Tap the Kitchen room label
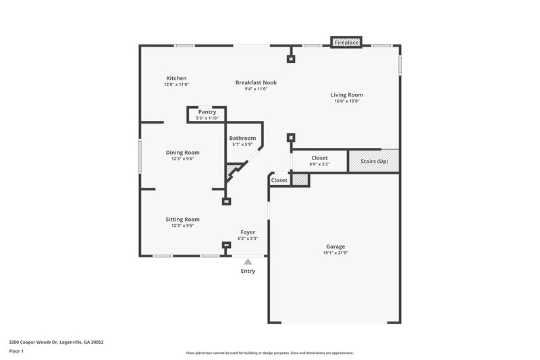tap(176, 78)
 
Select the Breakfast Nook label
tap(256, 82)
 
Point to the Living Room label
tap(347, 95)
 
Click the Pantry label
tap(207, 112)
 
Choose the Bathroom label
tap(242, 138)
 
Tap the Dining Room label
tap(183, 153)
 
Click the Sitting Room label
tap(183, 220)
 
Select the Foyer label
tap(248, 232)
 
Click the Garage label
tap(335, 247)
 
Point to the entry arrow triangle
tap(248, 262)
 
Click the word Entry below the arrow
tap(248, 272)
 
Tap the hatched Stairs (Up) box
tap(373, 161)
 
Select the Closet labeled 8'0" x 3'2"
tap(319, 158)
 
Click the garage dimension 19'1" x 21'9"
tap(335, 253)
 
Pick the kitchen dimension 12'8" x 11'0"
tap(176, 84)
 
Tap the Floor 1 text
tap(16, 352)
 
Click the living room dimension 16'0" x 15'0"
tap(347, 101)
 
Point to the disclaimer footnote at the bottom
tap(270, 353)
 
